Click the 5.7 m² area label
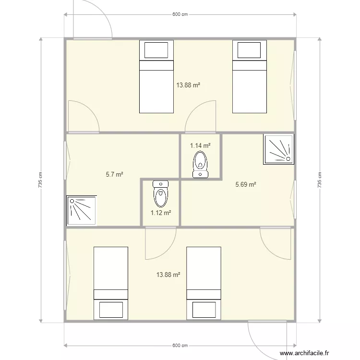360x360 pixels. click(x=114, y=175)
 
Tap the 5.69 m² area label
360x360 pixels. click(x=246, y=184)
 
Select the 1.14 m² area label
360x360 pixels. click(x=200, y=145)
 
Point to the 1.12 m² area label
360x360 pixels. click(x=161, y=213)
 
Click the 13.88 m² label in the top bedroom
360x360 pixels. click(x=188, y=85)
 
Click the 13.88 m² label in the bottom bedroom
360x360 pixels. click(x=168, y=275)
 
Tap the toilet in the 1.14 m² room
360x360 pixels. click(x=201, y=164)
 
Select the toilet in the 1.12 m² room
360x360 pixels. click(x=161, y=194)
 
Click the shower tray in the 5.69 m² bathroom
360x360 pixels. click(x=279, y=149)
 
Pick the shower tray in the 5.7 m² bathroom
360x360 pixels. click(x=82, y=211)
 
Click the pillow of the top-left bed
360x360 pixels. click(x=156, y=50)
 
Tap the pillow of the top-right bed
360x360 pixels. click(x=249, y=50)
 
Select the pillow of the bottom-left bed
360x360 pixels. click(x=111, y=310)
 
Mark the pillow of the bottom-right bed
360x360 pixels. click(x=204, y=310)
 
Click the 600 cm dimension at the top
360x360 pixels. click(x=180, y=14)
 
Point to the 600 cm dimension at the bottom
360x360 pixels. click(x=180, y=346)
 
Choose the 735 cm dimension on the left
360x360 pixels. click(x=40, y=180)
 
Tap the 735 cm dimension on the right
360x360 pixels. click(x=320, y=180)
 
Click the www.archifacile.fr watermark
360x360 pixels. click(x=304, y=353)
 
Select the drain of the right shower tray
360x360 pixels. click(x=288, y=159)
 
